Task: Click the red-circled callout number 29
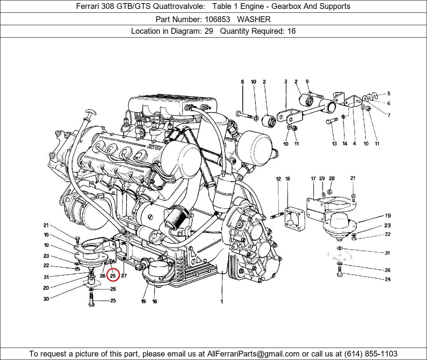pos(113,275)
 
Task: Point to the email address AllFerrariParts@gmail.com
pos(253,354)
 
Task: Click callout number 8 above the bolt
pos(243,82)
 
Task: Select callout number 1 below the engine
pos(222,301)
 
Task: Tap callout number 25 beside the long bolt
pos(113,301)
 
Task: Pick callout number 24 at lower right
pos(387,279)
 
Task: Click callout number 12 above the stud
pos(278,179)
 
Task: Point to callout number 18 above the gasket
pos(288,179)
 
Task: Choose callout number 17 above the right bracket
pos(313,178)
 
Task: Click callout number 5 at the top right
pos(389,93)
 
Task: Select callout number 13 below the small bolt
pos(334,144)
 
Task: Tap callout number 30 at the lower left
pos(46,299)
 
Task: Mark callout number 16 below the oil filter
pos(154,301)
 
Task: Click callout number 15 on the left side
pos(46,235)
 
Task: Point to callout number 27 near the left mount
pos(124,276)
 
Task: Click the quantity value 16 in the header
pos(291,31)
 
